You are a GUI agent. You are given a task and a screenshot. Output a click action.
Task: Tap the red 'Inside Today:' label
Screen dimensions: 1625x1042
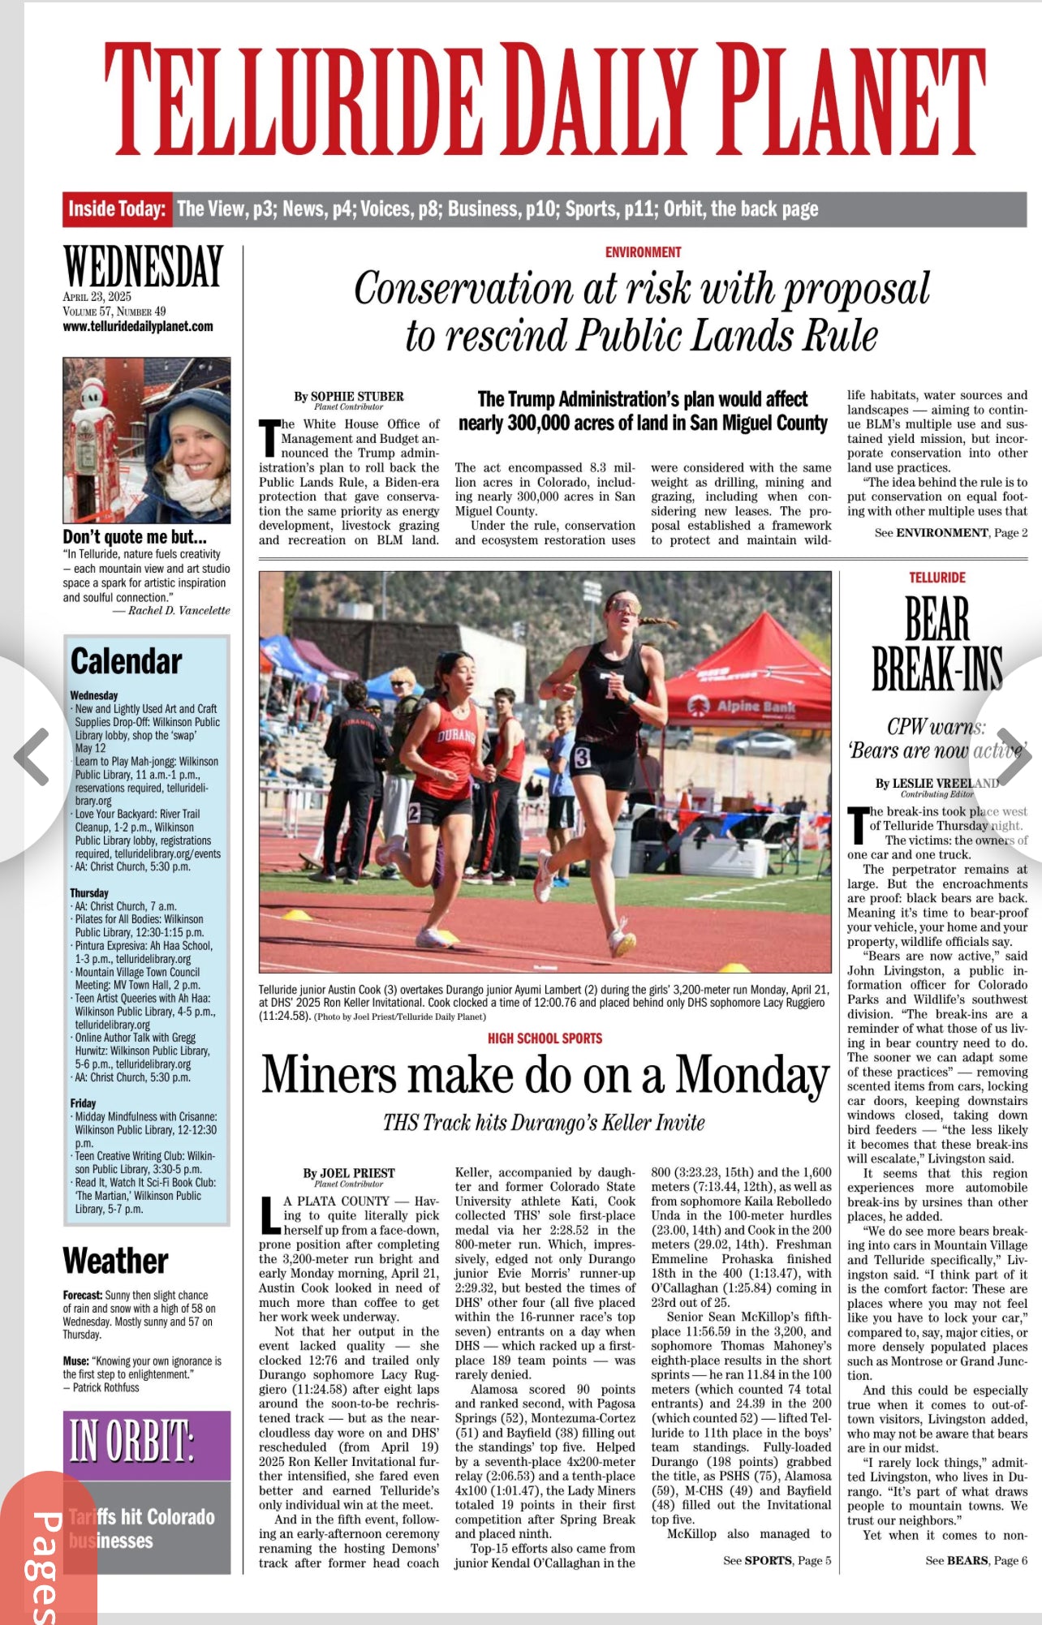point(117,209)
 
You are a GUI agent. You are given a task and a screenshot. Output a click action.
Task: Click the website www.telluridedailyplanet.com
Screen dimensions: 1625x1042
point(138,326)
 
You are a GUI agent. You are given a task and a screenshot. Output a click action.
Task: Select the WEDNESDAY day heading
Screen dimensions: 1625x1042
point(143,267)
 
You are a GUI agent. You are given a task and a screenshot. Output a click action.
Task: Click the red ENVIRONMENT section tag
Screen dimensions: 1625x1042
point(643,252)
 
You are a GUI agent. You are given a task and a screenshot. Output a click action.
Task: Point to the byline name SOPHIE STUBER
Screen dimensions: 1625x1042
point(357,396)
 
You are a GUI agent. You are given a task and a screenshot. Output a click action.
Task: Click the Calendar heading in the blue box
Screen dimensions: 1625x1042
point(126,661)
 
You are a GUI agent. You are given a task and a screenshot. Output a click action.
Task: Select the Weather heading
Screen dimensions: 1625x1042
point(115,1261)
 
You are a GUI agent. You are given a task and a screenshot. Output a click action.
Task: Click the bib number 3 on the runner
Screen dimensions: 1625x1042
point(582,758)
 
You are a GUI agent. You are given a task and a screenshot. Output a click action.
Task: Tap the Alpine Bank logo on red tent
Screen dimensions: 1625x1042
point(747,707)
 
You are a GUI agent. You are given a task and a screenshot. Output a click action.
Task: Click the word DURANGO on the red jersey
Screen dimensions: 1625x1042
point(456,736)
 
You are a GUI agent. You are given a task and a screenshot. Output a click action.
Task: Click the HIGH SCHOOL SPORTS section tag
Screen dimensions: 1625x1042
point(545,1038)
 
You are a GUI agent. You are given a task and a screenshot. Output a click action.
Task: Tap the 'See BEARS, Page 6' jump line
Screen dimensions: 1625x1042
point(976,1560)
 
